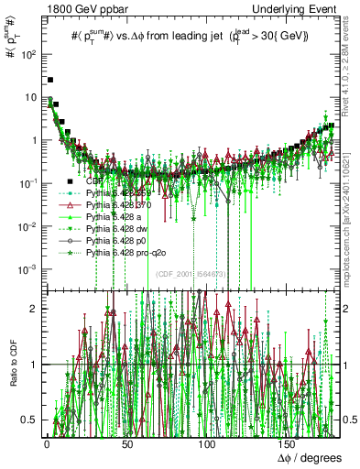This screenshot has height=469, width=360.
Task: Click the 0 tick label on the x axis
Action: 46,442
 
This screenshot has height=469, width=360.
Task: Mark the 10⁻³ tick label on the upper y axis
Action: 27,268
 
